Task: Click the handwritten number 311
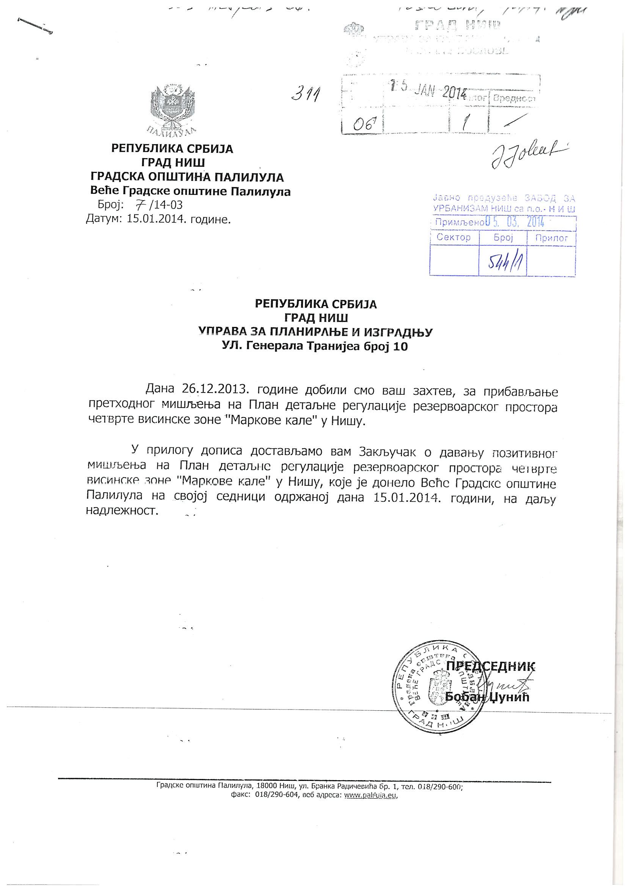(x=306, y=93)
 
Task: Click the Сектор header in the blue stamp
(x=454, y=237)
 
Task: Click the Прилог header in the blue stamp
(x=551, y=237)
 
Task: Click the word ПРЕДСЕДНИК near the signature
(x=491, y=666)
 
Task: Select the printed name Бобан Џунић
(x=487, y=697)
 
